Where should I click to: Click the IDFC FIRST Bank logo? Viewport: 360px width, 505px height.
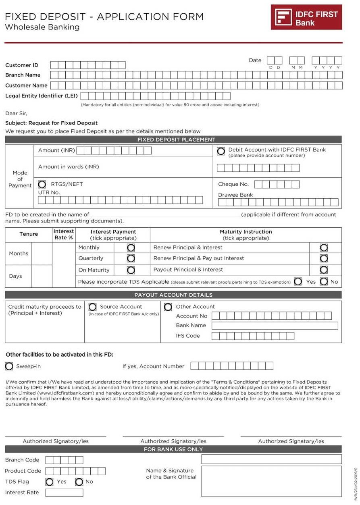pos(306,17)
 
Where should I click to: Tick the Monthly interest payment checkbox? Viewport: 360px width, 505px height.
pos(131,247)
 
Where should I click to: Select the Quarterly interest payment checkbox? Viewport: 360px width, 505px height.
pos(131,258)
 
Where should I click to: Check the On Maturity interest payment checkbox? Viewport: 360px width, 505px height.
pos(131,270)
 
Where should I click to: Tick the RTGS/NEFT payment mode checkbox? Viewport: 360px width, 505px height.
pos(42,185)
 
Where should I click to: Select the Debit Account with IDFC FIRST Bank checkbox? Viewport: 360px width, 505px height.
pos(221,152)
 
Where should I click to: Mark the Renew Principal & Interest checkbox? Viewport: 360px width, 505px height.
pos(323,247)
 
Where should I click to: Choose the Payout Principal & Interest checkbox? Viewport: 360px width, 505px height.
pos(323,270)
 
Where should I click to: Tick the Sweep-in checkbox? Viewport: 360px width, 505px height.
pos(9,366)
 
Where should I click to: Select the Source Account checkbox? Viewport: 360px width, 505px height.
pos(92,307)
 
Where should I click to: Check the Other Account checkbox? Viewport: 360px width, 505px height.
pos(168,307)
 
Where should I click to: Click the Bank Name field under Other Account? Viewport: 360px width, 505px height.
pos(275,326)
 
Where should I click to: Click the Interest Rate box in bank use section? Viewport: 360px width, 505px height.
pos(64,493)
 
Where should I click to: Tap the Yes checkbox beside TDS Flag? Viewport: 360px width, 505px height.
pos(50,482)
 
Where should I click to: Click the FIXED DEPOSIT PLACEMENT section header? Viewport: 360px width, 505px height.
pos(173,140)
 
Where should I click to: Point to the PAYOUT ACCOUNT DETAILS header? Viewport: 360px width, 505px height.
pos(173,295)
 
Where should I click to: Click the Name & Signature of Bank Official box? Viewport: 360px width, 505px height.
pos(271,481)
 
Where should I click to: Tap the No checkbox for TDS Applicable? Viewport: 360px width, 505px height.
pos(324,282)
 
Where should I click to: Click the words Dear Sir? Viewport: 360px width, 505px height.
pos(16,114)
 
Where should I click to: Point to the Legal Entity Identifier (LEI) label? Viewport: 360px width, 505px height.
pos(42,96)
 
